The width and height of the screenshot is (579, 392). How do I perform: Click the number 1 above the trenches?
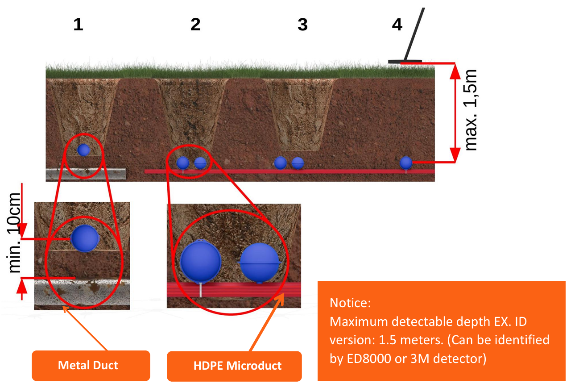[x=78, y=25]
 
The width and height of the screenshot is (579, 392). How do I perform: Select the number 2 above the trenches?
[x=195, y=25]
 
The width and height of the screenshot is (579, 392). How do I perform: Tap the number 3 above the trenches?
[x=302, y=25]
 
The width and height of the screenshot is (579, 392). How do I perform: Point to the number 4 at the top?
[x=397, y=25]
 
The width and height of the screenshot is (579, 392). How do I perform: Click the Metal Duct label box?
[x=88, y=365]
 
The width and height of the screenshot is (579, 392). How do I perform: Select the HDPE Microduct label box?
[x=237, y=366]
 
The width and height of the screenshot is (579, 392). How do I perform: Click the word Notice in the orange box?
[x=350, y=303]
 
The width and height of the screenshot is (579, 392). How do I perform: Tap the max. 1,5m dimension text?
[x=471, y=110]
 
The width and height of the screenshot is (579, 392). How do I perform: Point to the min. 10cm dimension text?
[x=15, y=233]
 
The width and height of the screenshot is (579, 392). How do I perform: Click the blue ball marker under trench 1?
[x=83, y=150]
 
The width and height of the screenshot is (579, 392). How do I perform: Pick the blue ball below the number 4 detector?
[x=405, y=163]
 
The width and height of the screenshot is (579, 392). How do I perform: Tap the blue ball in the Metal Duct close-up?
[x=85, y=238]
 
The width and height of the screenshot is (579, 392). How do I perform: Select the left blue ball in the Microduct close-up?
[x=200, y=261]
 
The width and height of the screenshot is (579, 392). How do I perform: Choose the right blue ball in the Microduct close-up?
[x=260, y=262]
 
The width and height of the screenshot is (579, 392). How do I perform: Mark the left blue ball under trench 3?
[x=280, y=163]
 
